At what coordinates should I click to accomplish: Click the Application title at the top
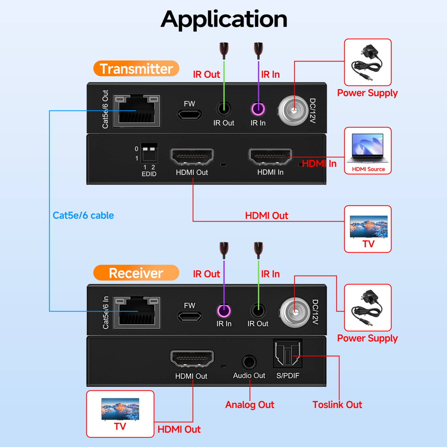[x=224, y=19]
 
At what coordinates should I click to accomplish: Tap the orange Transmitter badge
[x=136, y=69]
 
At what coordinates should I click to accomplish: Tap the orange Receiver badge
[x=136, y=273]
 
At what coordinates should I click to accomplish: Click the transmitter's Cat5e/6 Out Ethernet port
[x=137, y=111]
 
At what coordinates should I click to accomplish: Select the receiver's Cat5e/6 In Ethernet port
[x=137, y=313]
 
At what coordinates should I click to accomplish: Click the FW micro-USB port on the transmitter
[x=189, y=114]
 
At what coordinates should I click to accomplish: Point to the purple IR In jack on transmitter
[x=258, y=109]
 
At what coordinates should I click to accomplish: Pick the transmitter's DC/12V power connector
[x=294, y=110]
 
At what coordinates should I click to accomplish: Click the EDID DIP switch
[x=149, y=153]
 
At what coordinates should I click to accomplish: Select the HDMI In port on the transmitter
[x=270, y=157]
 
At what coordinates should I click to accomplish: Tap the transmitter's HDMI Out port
[x=192, y=157]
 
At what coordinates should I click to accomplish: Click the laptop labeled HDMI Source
[x=367, y=148]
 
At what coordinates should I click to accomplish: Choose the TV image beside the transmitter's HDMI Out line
[x=368, y=227]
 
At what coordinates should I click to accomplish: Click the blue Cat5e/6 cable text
[x=83, y=215]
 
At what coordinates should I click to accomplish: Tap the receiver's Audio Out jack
[x=249, y=362]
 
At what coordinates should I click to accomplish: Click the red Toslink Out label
[x=337, y=405]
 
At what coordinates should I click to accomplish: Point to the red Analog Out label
[x=249, y=405]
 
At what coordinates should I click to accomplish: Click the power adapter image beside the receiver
[x=367, y=308]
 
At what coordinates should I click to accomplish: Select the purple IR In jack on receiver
[x=224, y=311]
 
